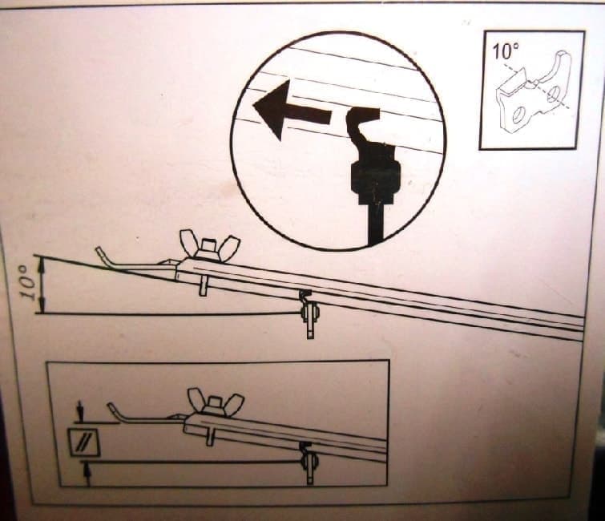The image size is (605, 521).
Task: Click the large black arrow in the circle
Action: (x=289, y=111)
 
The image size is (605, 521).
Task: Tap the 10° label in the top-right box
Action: (x=506, y=52)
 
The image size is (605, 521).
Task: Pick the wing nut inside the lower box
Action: (x=215, y=402)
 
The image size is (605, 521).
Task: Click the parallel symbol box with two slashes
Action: (x=83, y=442)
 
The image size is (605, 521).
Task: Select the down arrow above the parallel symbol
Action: (x=81, y=411)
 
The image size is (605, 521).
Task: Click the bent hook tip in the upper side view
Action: (x=101, y=255)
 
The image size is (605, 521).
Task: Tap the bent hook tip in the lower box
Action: (x=113, y=409)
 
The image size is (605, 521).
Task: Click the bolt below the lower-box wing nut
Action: (x=211, y=436)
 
